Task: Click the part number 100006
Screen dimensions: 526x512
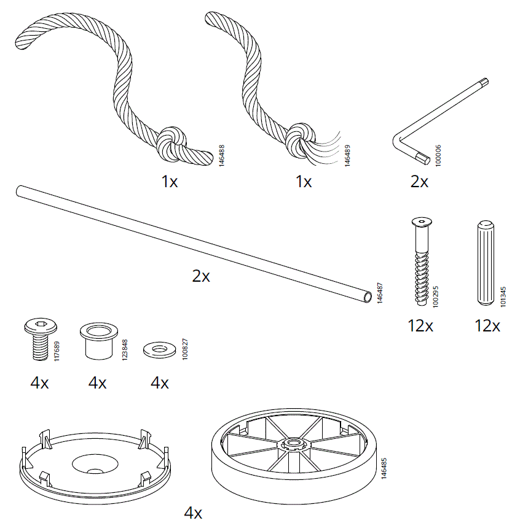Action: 438,154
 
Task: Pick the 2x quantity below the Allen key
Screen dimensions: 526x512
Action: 419,182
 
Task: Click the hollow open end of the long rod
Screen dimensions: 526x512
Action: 368,296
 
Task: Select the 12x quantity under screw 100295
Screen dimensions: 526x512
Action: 420,326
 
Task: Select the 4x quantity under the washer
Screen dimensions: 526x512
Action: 159,384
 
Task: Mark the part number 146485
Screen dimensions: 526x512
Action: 384,468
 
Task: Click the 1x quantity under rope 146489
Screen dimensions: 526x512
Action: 303,182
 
